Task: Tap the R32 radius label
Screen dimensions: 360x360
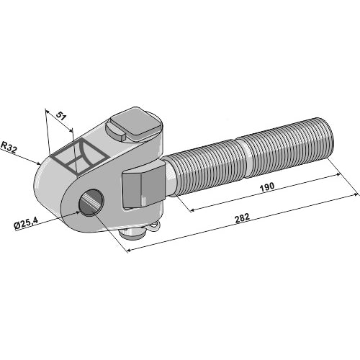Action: (9, 147)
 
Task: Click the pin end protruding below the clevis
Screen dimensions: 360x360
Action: (132, 233)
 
